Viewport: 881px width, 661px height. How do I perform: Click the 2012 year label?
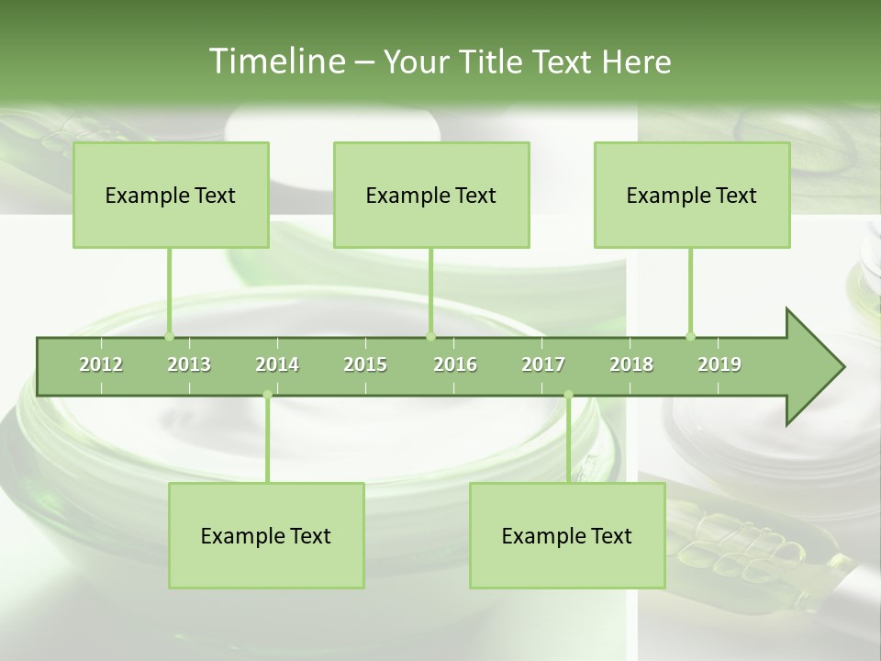[101, 364]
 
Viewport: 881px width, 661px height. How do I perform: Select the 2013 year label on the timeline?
[189, 364]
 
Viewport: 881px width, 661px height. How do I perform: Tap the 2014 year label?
[277, 364]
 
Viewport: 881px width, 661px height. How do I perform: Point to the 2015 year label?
[365, 364]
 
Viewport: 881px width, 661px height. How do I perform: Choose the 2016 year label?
[455, 364]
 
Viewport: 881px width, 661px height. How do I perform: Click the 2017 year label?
[543, 364]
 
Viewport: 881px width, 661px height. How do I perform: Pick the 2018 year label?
[631, 364]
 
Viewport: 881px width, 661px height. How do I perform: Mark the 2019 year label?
[719, 364]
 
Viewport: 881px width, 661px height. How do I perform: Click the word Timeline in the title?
[275, 62]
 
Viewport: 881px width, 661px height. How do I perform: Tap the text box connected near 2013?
[171, 195]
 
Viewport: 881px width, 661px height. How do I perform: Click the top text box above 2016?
[431, 195]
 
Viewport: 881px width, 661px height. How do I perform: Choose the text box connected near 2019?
[692, 195]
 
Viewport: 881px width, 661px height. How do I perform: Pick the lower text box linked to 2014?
[266, 535]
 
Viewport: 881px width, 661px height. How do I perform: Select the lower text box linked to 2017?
[567, 535]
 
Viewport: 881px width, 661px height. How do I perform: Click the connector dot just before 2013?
[169, 336]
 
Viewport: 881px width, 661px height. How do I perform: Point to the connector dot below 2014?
[267, 395]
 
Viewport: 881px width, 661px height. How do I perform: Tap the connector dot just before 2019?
[690, 336]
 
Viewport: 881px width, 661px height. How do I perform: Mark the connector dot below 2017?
[568, 395]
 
